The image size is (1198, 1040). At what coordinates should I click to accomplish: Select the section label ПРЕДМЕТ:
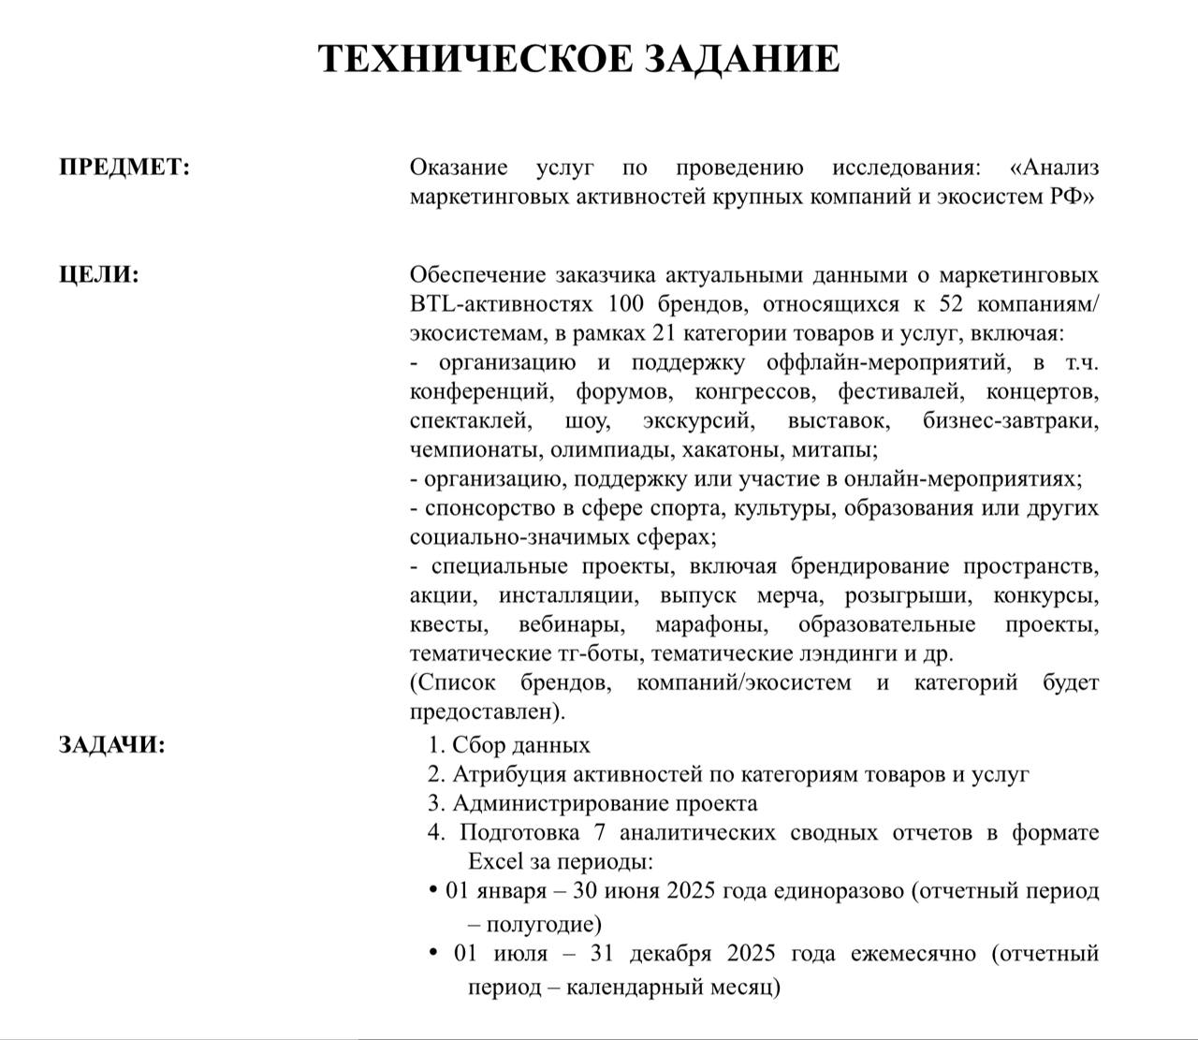coord(124,168)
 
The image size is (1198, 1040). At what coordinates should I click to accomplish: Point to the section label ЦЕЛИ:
coord(99,275)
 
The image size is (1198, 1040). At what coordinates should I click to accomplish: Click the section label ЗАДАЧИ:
coord(112,745)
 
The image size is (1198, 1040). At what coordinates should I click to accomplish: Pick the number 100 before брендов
coord(627,304)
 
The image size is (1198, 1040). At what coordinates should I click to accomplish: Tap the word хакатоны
coord(732,449)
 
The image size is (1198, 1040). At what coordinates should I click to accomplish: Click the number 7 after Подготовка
coord(599,832)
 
